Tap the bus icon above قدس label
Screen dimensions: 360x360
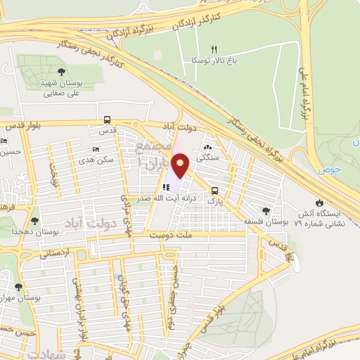(x=107, y=119)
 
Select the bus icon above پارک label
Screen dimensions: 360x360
(x=214, y=190)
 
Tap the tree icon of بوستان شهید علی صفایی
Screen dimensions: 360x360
(x=62, y=72)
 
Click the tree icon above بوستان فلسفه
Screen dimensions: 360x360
(x=266, y=210)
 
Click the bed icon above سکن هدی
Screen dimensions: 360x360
(x=97, y=150)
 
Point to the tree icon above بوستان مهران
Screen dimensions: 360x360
(x=18, y=287)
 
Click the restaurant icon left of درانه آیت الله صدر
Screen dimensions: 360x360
(x=165, y=188)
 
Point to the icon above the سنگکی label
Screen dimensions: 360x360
(x=207, y=148)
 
